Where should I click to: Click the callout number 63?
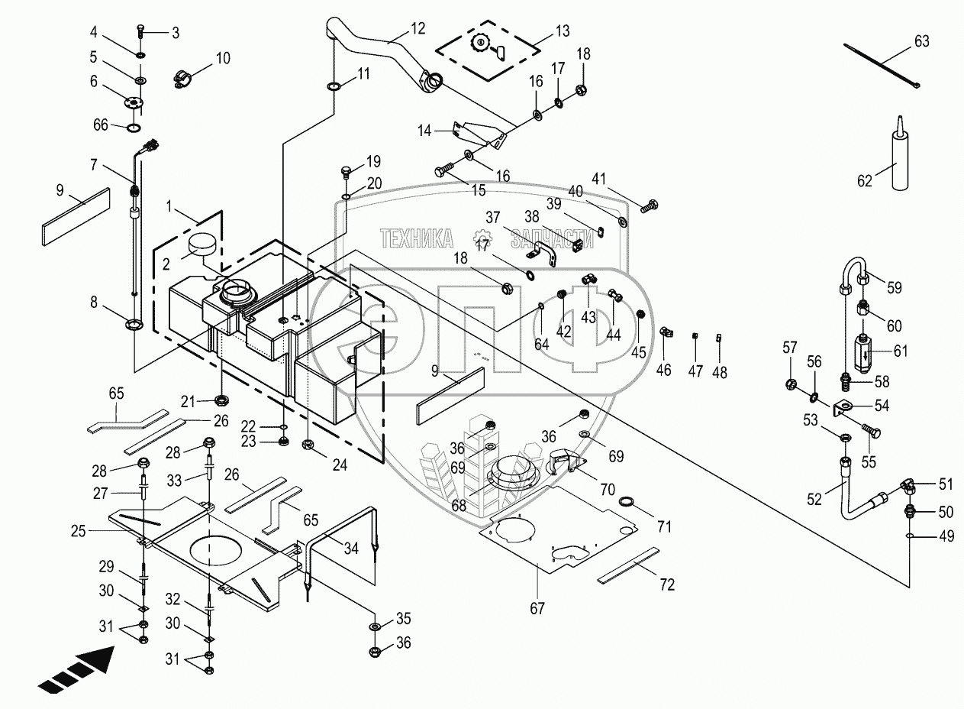[922, 41]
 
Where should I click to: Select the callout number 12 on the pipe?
[418, 29]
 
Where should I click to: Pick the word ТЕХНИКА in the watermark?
[416, 238]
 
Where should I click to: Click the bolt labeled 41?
[650, 205]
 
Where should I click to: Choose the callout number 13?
[562, 31]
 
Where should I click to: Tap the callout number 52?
[814, 499]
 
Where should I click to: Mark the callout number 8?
[94, 303]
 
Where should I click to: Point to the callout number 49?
[946, 536]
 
